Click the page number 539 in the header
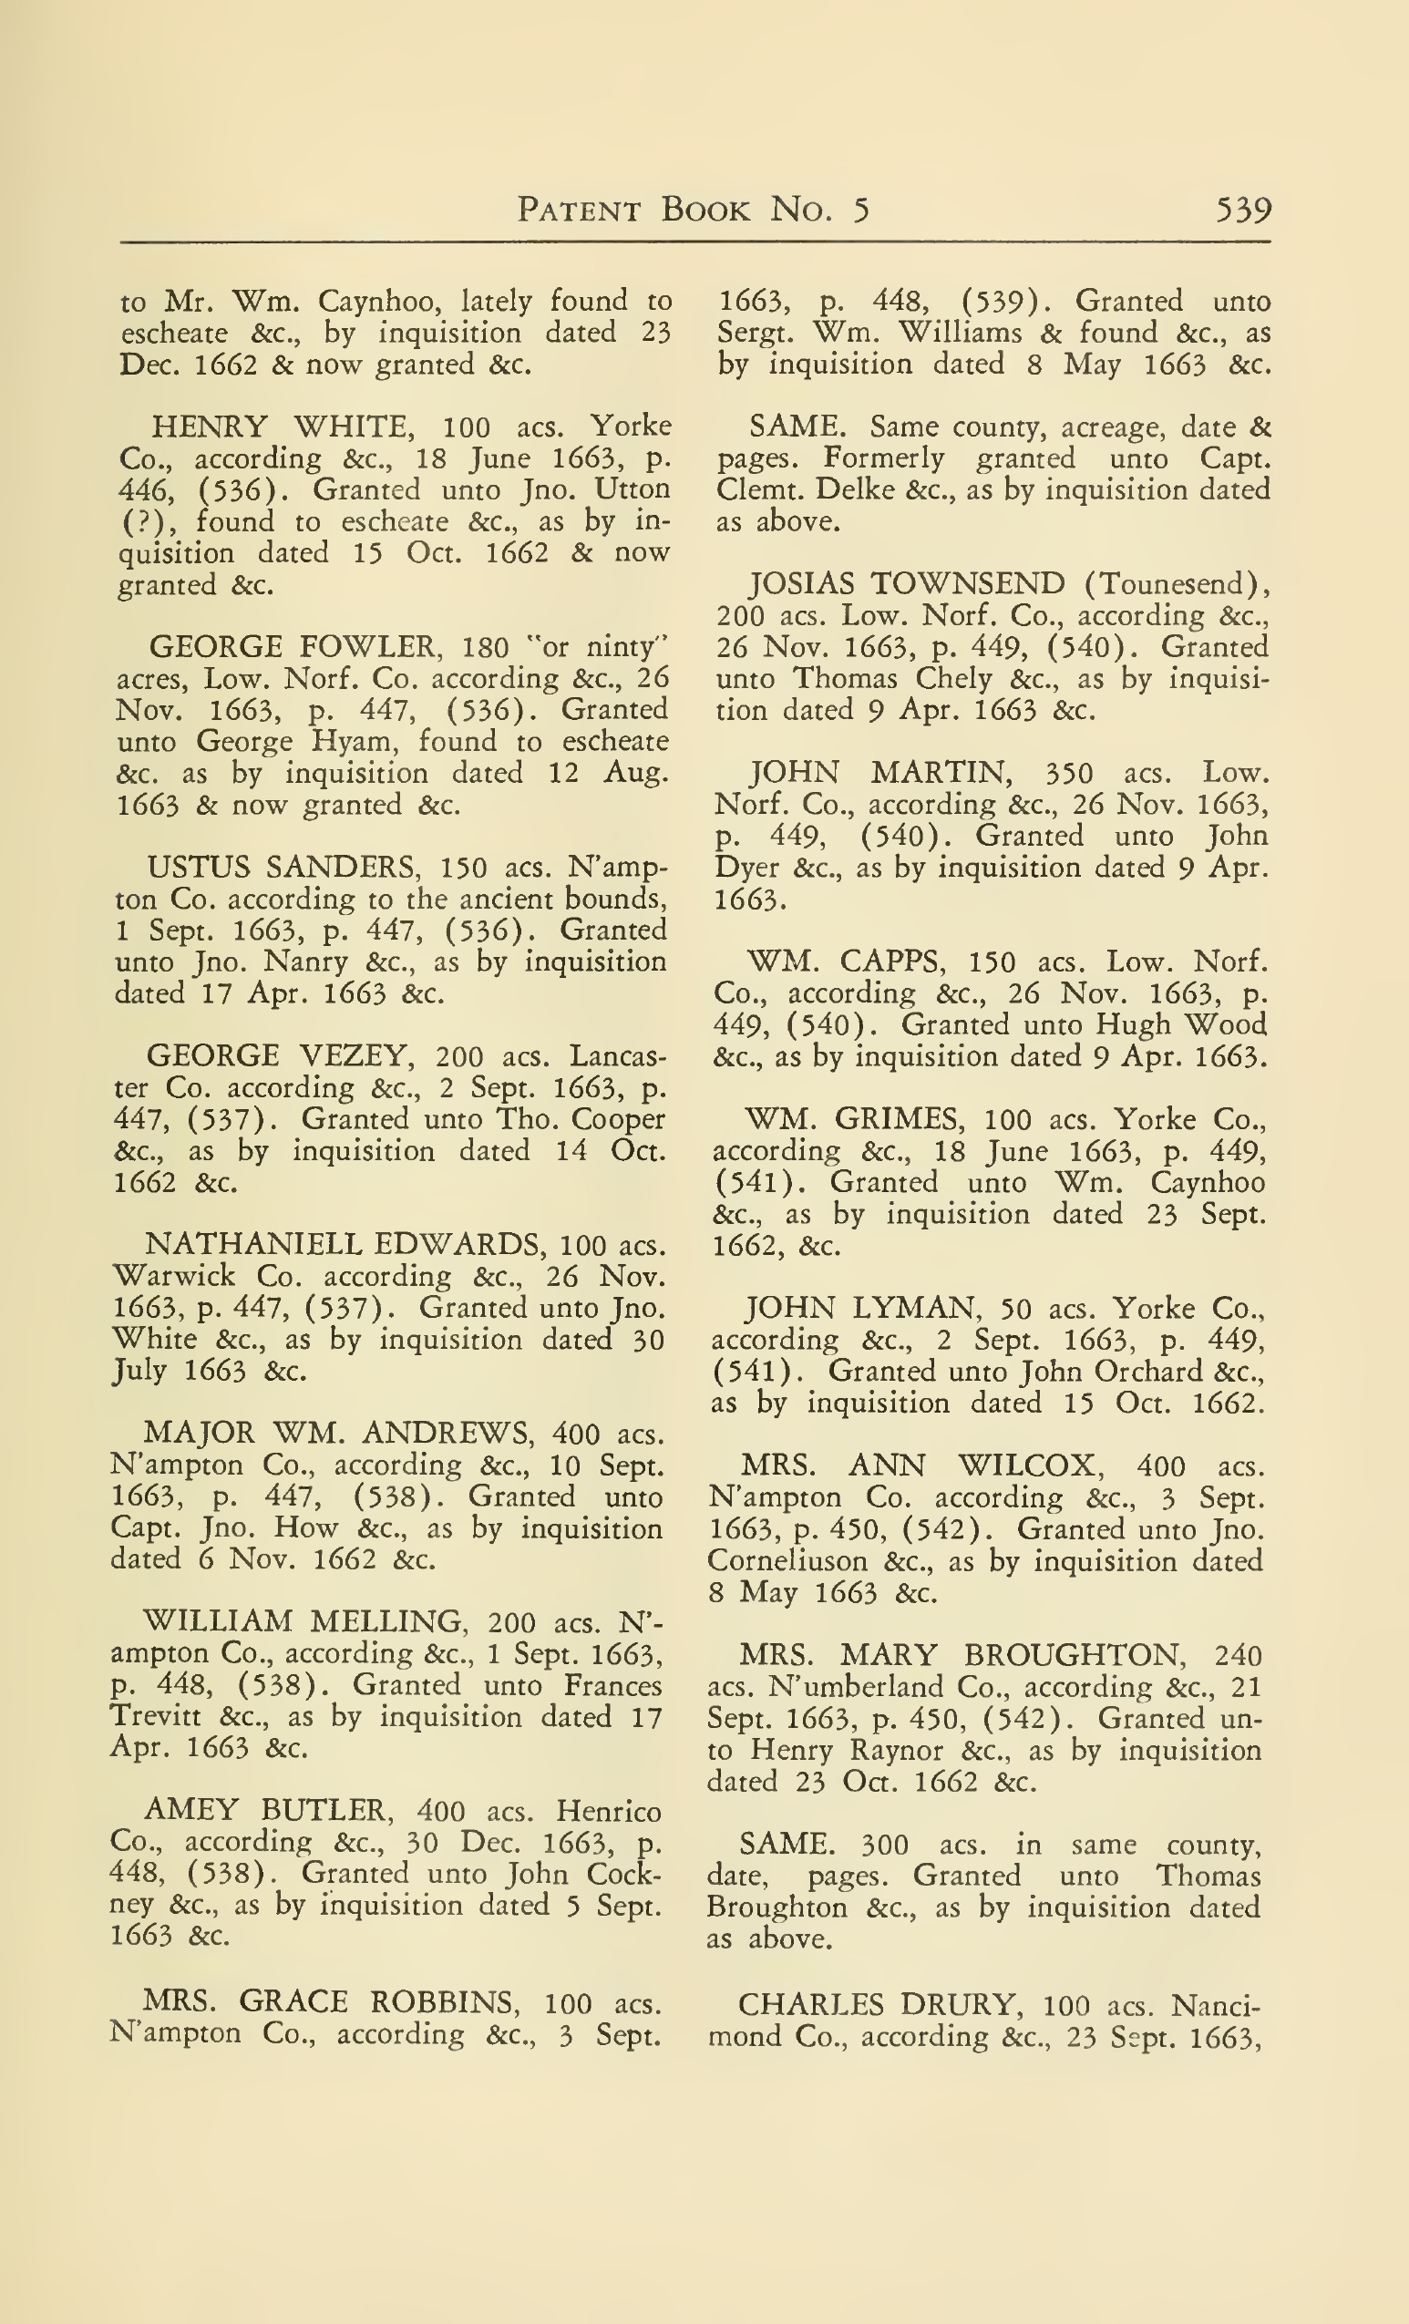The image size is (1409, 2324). tap(1243, 210)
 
